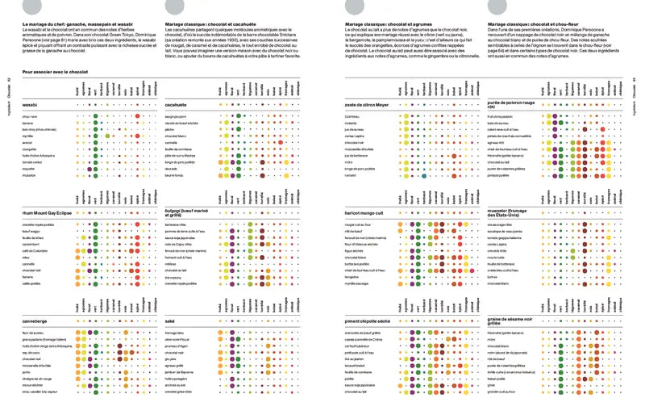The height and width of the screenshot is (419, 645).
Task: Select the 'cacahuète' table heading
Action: pos(179,106)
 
